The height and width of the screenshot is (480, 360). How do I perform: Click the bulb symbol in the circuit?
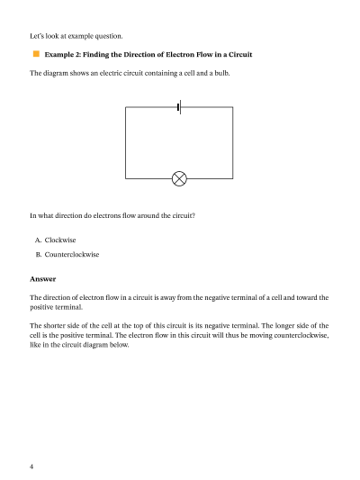179,178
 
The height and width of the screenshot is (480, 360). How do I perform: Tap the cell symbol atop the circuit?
179,107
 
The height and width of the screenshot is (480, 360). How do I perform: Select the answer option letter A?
38,240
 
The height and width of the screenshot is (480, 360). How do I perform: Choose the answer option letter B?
38,255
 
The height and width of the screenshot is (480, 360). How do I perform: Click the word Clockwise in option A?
60,240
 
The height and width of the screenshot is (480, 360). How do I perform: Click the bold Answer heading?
43,278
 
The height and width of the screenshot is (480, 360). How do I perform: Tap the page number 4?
31,466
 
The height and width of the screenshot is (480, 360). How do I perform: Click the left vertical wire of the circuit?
125,142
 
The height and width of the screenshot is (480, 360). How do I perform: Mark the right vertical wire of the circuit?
233,142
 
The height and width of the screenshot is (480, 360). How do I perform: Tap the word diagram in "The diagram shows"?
59,74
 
